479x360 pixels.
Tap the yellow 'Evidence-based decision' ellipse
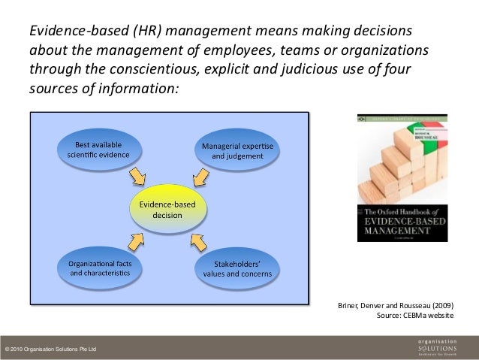coord(167,209)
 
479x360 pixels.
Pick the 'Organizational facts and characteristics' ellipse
coord(99,269)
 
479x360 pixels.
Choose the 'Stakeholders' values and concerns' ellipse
coord(237,269)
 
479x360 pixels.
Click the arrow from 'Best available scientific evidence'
coord(138,177)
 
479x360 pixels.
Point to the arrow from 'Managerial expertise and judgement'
coord(199,177)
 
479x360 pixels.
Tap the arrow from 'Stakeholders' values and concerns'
coord(199,241)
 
